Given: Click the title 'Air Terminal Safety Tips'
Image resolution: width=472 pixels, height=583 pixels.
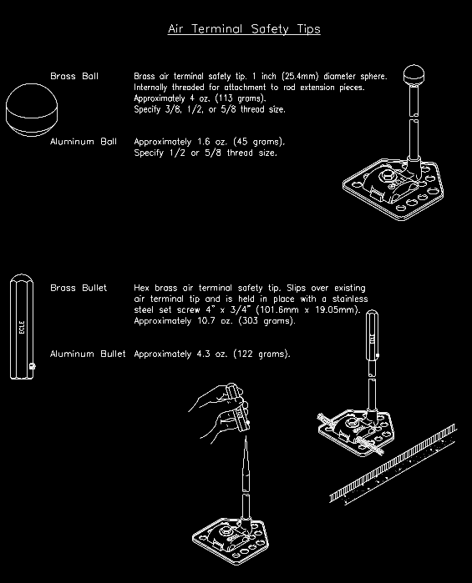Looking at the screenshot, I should tap(244, 29).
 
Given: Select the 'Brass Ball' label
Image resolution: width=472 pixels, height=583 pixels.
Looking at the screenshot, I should tap(74, 77).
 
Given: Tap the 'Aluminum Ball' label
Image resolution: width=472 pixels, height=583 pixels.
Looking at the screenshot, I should tap(83, 142).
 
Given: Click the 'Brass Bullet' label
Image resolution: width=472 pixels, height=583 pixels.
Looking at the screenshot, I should tap(79, 288).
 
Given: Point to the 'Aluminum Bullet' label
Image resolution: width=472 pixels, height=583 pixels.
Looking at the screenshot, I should tap(88, 354).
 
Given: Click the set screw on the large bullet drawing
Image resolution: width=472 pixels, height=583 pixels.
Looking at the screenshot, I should tap(32, 367).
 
